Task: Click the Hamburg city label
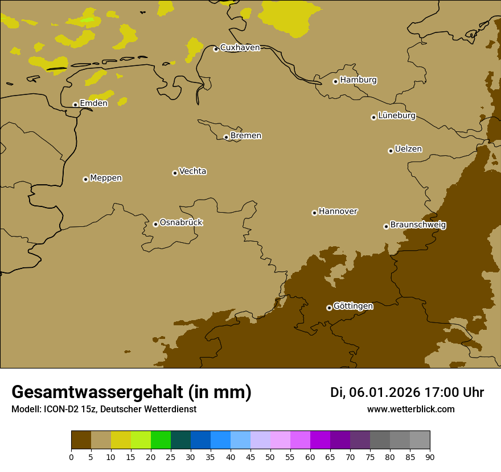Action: click(x=358, y=80)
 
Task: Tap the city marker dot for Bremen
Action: click(x=226, y=137)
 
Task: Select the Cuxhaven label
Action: click(x=240, y=48)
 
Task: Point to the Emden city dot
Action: click(x=75, y=105)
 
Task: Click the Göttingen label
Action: click(x=353, y=307)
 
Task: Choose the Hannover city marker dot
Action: click(x=314, y=213)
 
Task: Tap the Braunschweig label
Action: click(x=418, y=225)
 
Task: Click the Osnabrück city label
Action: click(x=181, y=223)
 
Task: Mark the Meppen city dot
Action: click(x=85, y=179)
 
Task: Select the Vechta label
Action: click(x=192, y=171)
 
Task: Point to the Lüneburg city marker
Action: click(x=373, y=117)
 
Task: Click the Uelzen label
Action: click(x=408, y=150)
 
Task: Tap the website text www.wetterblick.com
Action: click(x=410, y=409)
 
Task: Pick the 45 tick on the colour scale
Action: click(x=250, y=457)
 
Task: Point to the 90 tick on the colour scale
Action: click(x=430, y=457)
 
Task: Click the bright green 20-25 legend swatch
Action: click(x=161, y=441)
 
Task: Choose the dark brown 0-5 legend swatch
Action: click(x=81, y=441)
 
